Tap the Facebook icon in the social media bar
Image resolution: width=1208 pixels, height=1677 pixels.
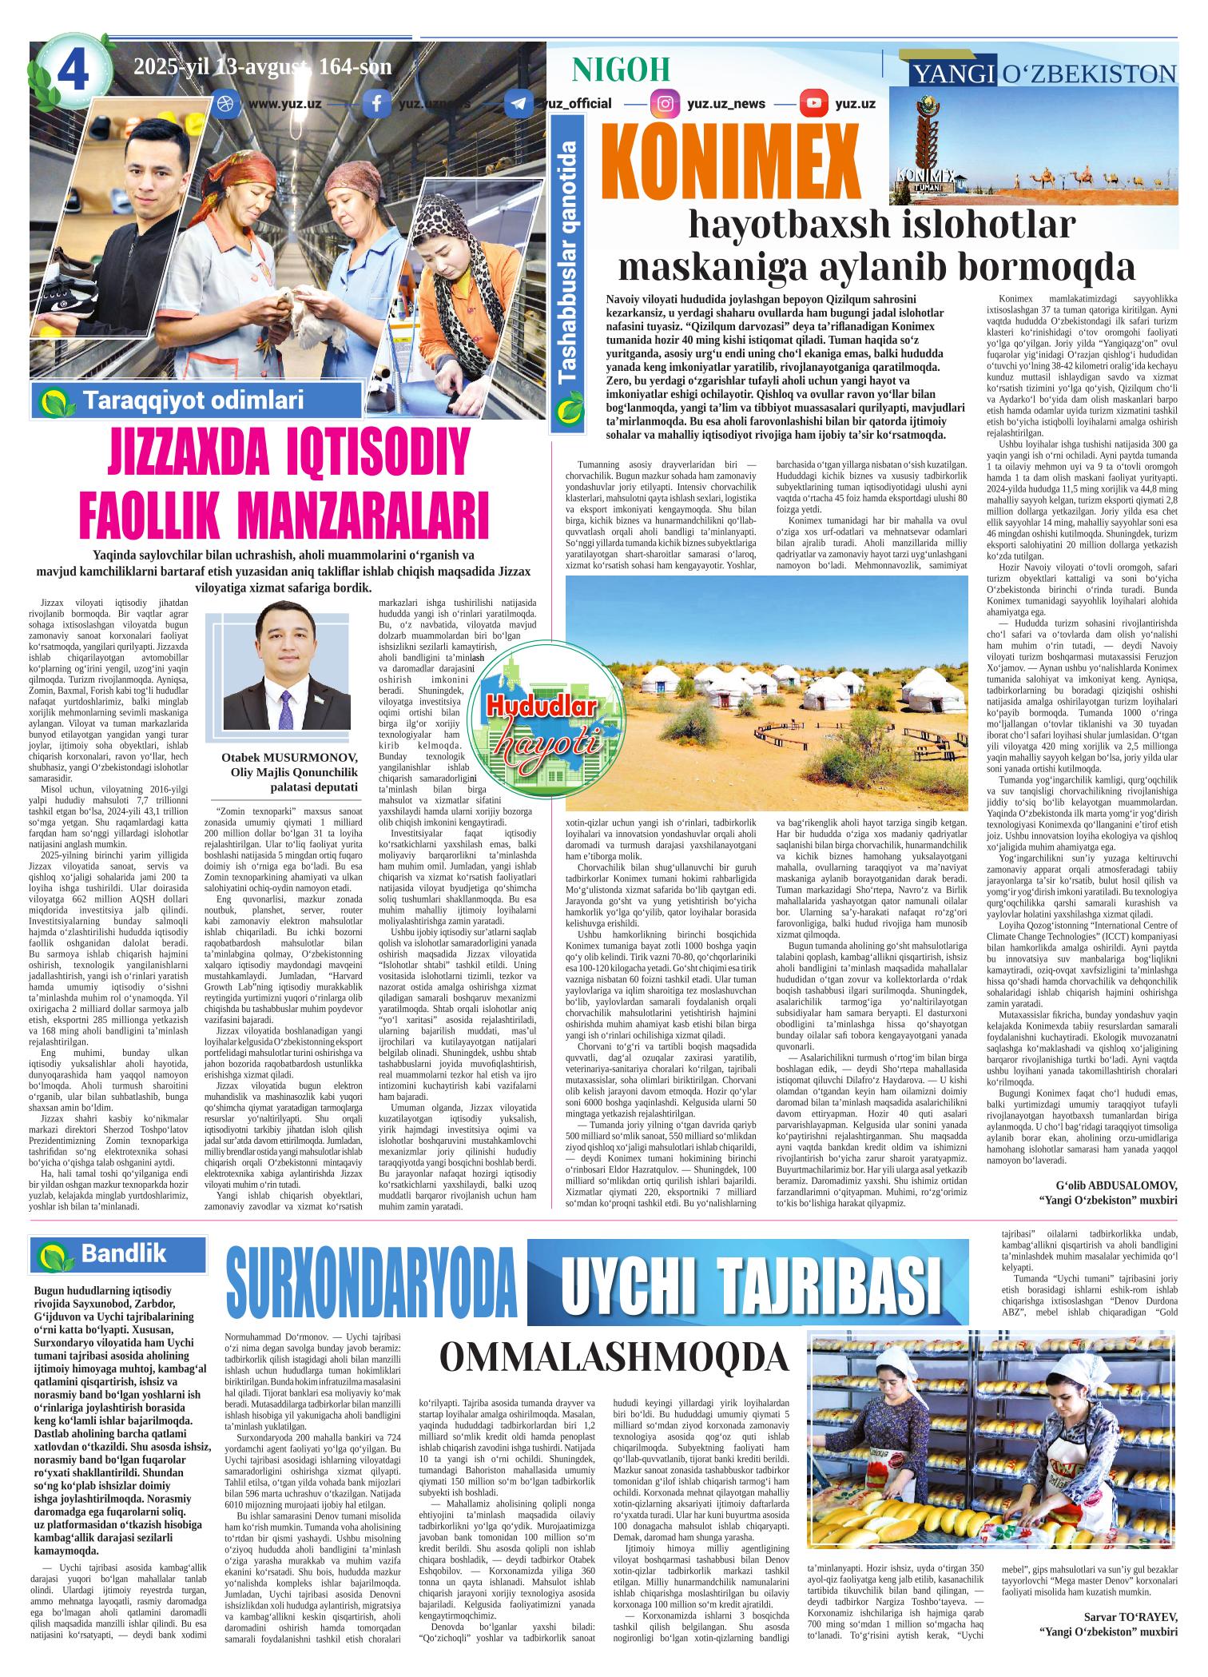(x=376, y=104)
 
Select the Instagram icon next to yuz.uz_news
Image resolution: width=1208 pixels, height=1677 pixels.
(x=664, y=104)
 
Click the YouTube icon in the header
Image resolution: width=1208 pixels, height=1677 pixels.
(x=814, y=104)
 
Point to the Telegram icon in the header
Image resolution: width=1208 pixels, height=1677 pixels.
(x=519, y=104)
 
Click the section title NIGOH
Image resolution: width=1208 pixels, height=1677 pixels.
(x=621, y=70)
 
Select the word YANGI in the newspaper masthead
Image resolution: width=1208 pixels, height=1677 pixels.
(x=951, y=74)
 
